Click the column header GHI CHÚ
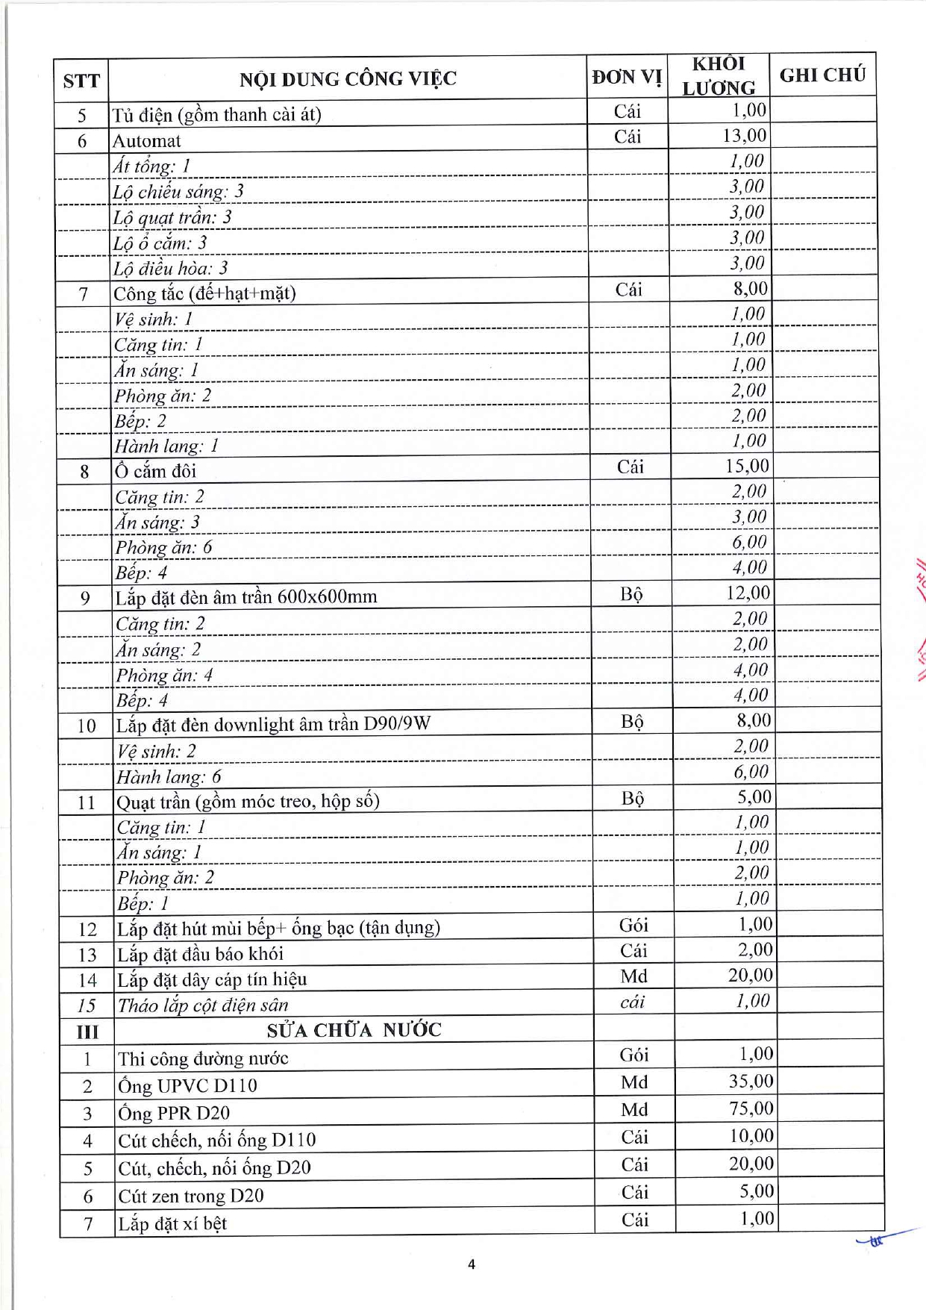(822, 75)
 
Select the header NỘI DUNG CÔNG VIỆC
(348, 79)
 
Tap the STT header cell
(81, 81)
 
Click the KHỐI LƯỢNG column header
(719, 76)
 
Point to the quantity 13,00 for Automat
(744, 136)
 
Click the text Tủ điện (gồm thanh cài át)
(216, 115)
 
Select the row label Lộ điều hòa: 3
(171, 268)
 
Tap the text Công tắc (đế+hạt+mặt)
(204, 293)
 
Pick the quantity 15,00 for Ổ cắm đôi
(746, 467)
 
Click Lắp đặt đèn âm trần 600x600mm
(246, 597)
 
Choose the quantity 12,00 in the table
(748, 593)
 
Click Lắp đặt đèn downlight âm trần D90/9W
(273, 725)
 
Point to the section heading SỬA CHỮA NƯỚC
(354, 1031)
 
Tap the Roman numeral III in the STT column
(87, 1032)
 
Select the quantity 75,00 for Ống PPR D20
(751, 1108)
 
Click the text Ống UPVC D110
(187, 1086)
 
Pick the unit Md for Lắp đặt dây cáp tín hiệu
(634, 976)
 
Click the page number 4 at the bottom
(471, 1264)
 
